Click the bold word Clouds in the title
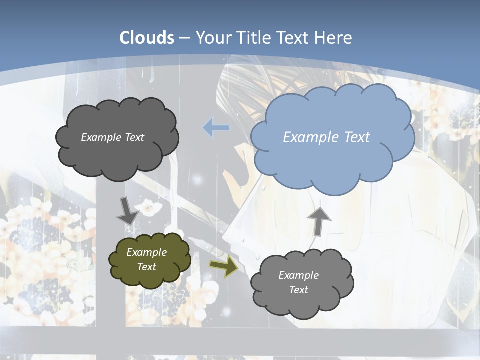click(x=147, y=38)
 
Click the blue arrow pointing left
click(x=216, y=128)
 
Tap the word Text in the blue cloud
click(x=357, y=137)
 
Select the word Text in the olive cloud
click(x=147, y=267)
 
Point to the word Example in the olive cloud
click(x=147, y=252)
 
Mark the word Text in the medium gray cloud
click(x=299, y=290)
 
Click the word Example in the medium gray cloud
click(x=299, y=275)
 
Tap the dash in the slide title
click(x=184, y=38)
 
